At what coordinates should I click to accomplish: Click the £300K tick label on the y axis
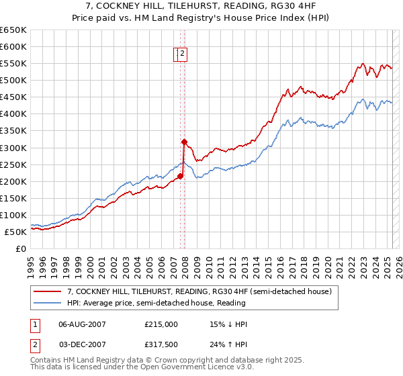[x=13, y=148]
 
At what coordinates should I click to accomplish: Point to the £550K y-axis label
[x=13, y=63]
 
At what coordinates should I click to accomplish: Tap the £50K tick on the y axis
[x=15, y=232]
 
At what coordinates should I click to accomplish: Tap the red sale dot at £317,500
[x=183, y=142]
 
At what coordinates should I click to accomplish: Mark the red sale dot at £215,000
[x=180, y=176]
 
